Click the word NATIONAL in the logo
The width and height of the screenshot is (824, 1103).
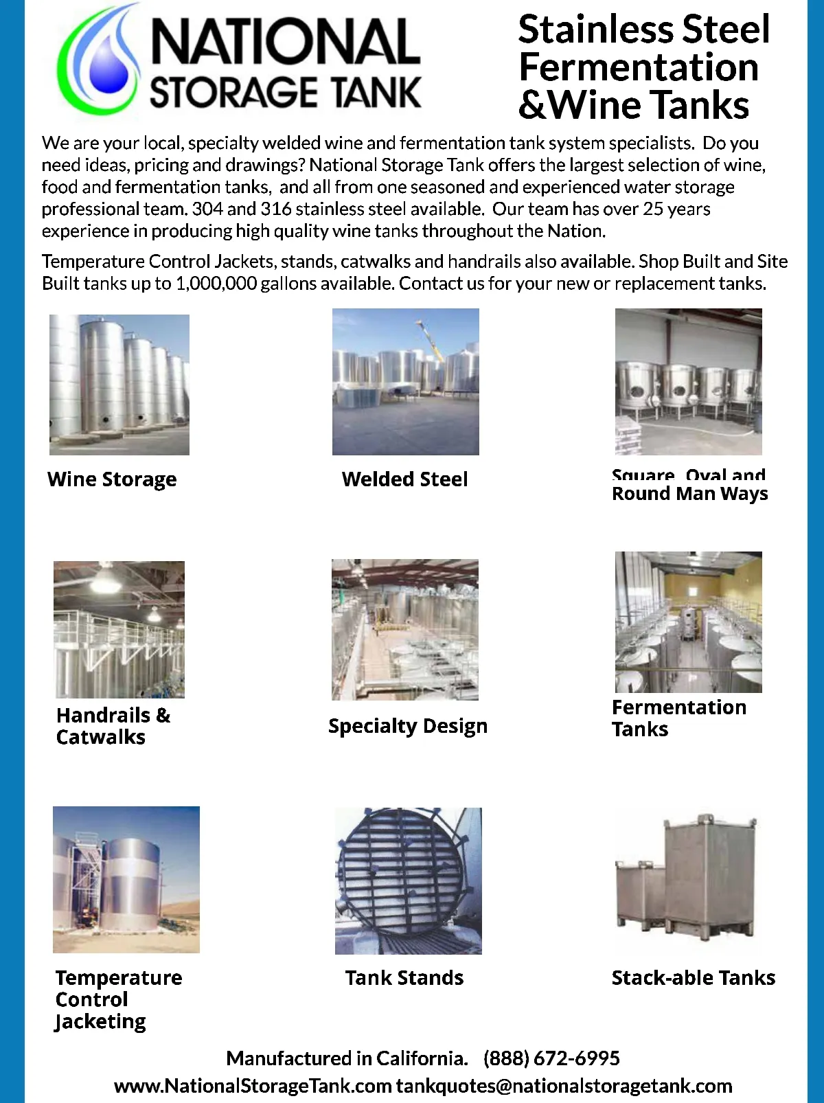pyautogui.click(x=285, y=43)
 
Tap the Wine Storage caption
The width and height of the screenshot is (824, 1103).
pyautogui.click(x=112, y=479)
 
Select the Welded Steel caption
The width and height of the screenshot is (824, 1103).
pyautogui.click(x=405, y=479)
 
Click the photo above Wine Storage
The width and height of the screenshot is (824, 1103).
pyautogui.click(x=119, y=385)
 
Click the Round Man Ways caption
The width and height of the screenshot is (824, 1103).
pyautogui.click(x=689, y=494)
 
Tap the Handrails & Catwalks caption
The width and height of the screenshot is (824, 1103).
pyautogui.click(x=113, y=726)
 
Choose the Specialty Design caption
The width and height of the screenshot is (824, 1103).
pyautogui.click(x=408, y=727)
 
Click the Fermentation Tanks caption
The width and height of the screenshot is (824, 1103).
pyautogui.click(x=678, y=718)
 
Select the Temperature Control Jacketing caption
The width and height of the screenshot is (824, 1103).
pyautogui.click(x=118, y=999)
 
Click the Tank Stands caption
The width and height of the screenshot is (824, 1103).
pyautogui.click(x=404, y=978)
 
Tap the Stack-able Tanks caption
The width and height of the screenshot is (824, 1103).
pyautogui.click(x=694, y=978)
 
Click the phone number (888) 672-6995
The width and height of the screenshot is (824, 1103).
pyautogui.click(x=551, y=1058)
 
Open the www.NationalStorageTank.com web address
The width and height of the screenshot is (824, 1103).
pyautogui.click(x=253, y=1087)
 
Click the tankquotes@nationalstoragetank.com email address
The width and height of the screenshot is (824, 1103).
pyautogui.click(x=564, y=1087)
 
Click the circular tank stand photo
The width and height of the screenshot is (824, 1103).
pyautogui.click(x=409, y=881)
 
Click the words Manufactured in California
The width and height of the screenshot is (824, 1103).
pyautogui.click(x=347, y=1058)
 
